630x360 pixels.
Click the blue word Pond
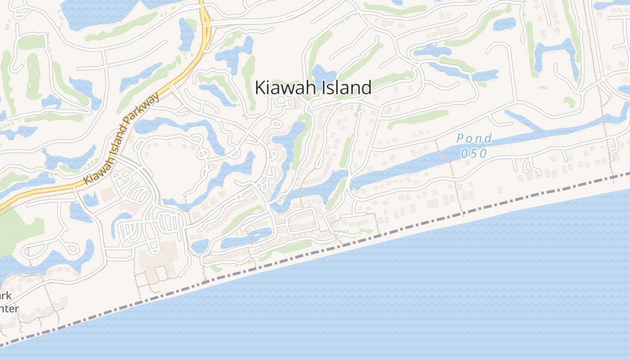[474, 139]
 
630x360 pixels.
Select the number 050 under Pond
[474, 153]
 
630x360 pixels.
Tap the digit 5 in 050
[474, 153]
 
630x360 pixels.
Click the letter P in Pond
[460, 139]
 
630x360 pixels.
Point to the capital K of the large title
[261, 87]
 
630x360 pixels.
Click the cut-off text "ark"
[5, 296]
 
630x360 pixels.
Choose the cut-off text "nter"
[9, 308]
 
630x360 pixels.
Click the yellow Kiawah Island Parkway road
[189, 63]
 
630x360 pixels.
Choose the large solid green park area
[13, 229]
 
